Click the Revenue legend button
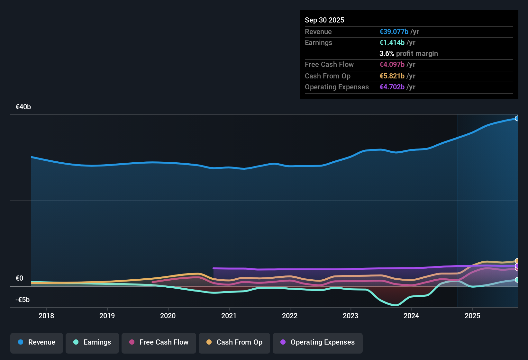(x=37, y=342)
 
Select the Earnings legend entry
(x=92, y=342)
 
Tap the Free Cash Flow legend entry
(x=159, y=342)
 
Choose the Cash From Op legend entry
(x=234, y=342)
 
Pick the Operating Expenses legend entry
(x=318, y=342)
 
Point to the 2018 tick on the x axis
(x=46, y=316)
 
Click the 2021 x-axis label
(x=229, y=316)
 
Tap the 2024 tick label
(x=411, y=316)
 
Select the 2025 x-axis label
(x=472, y=316)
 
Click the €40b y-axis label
(x=23, y=107)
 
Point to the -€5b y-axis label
(x=23, y=300)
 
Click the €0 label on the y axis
(x=19, y=278)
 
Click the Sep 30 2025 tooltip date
(x=324, y=20)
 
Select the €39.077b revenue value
(x=394, y=32)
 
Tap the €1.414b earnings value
(x=392, y=43)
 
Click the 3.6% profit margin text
(x=408, y=54)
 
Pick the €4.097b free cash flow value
(x=392, y=65)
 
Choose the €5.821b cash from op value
(x=392, y=76)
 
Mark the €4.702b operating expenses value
(x=392, y=87)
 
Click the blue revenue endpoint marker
(x=517, y=119)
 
